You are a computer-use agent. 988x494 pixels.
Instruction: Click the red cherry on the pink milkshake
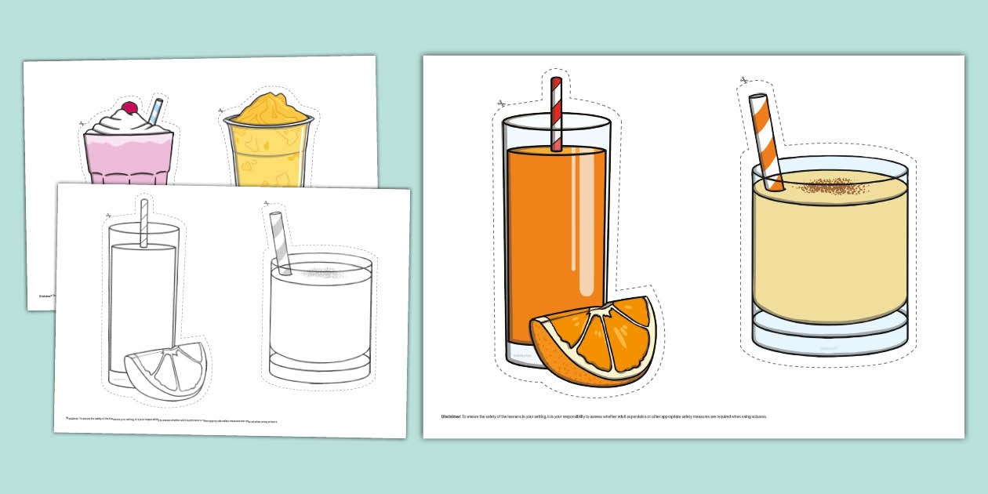[x=129, y=107]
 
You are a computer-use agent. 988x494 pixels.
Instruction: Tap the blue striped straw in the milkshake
[x=155, y=111]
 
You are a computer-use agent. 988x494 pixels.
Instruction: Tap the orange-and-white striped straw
[x=765, y=141]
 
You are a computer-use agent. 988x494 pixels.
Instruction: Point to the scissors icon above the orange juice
[x=500, y=103]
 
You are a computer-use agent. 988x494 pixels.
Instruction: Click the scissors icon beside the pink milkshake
[x=81, y=123]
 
